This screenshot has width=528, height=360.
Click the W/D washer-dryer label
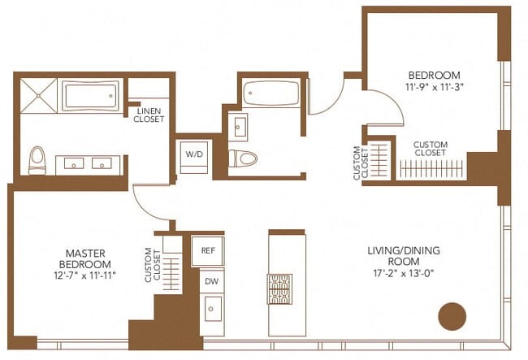[194, 154]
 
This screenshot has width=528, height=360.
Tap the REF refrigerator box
[208, 251]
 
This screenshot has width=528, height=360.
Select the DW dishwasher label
[211, 281]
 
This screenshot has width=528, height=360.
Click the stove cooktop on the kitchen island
[279, 289]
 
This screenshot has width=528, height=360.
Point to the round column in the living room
[452, 316]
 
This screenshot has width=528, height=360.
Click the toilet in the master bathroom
[37, 160]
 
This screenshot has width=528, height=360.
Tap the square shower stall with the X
[38, 95]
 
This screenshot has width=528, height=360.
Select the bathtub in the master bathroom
[91, 96]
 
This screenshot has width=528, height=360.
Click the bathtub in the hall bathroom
[271, 93]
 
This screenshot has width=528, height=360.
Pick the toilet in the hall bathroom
[243, 158]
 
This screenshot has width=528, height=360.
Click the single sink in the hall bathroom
[239, 127]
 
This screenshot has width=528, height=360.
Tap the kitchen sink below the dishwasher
[213, 309]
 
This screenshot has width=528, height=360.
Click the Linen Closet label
[149, 115]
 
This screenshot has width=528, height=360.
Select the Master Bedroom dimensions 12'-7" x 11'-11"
[84, 275]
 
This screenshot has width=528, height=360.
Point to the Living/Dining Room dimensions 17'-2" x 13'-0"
[404, 273]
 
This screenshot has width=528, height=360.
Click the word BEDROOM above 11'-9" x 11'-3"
[434, 75]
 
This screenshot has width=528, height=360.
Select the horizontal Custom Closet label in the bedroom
[431, 149]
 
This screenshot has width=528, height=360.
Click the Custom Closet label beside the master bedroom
[153, 265]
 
